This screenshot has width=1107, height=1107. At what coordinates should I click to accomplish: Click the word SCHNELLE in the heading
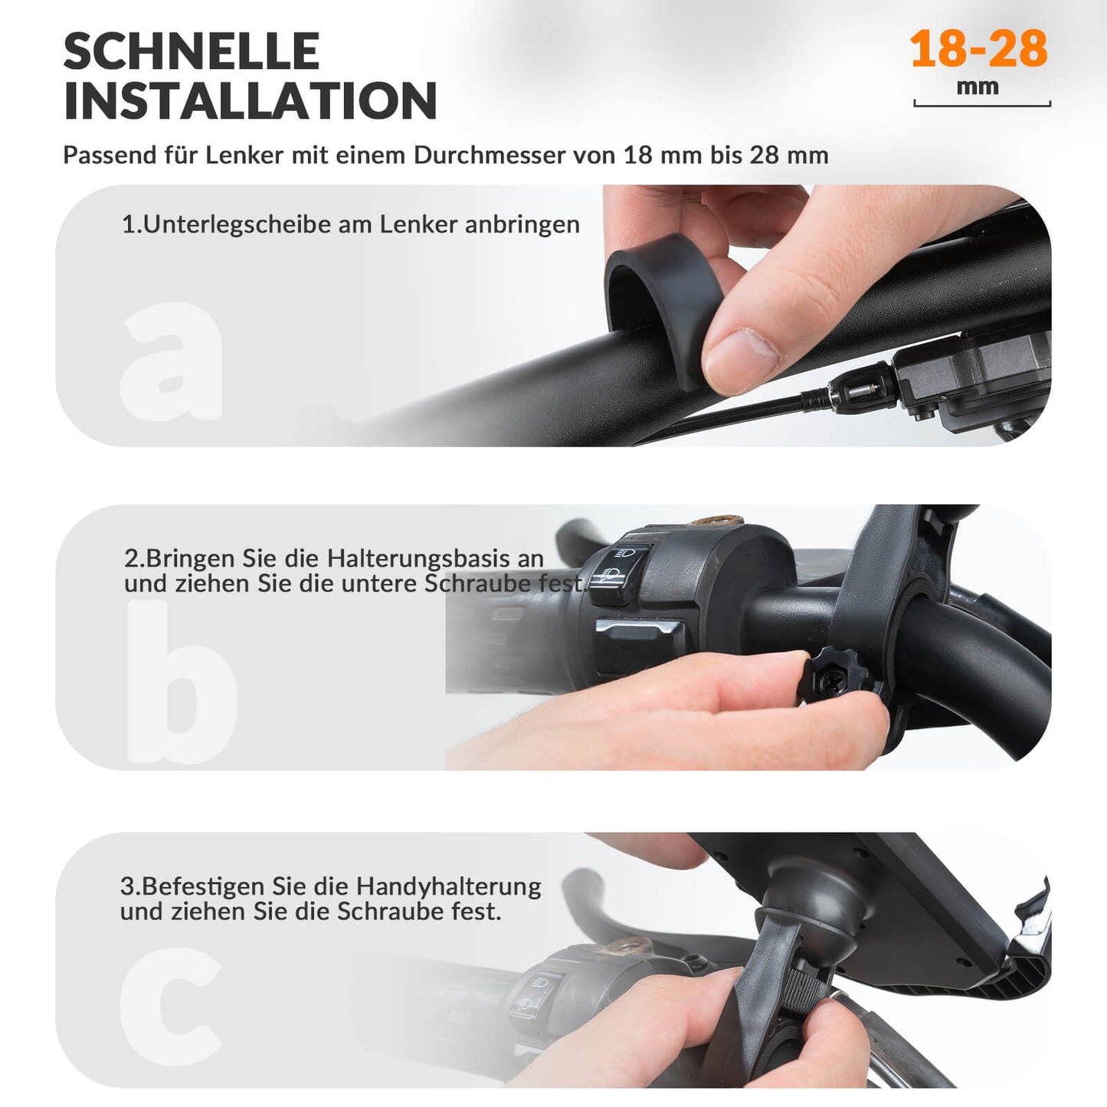point(191,52)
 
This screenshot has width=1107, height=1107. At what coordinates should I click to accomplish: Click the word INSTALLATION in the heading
point(250,101)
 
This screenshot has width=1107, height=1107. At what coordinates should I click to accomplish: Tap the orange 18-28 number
point(978,49)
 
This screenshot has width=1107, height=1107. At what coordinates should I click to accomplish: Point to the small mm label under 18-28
point(978,87)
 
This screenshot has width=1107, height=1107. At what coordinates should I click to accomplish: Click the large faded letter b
point(181,682)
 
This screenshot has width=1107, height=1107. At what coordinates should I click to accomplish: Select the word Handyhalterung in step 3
point(448,886)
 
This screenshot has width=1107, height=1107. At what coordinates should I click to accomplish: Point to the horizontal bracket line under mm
point(982,105)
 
